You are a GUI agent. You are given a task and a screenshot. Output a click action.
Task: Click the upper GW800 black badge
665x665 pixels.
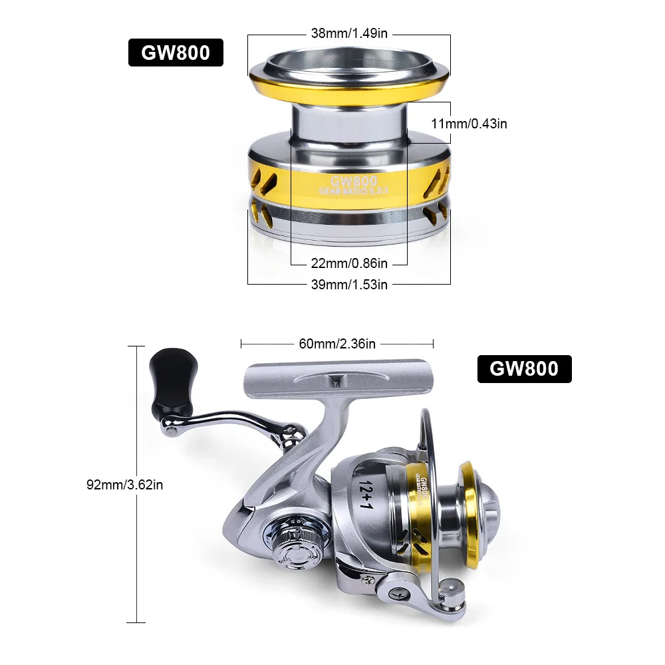(176, 53)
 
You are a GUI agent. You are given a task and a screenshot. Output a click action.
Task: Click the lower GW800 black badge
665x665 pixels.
(524, 368)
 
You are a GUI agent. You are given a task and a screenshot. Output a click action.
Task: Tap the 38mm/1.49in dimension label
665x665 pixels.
(348, 33)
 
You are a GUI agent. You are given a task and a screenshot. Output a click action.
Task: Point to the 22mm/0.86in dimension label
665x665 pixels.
(348, 263)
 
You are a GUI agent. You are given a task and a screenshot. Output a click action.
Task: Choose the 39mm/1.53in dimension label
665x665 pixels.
(348, 284)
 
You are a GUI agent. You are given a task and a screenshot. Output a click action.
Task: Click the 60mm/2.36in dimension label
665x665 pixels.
(337, 344)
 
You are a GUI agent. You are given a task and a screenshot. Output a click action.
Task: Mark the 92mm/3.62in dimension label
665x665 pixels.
(124, 484)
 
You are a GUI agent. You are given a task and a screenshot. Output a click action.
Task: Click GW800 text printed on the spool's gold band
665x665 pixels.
(353, 180)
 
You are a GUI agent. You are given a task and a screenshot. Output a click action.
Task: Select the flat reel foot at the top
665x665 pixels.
(338, 378)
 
